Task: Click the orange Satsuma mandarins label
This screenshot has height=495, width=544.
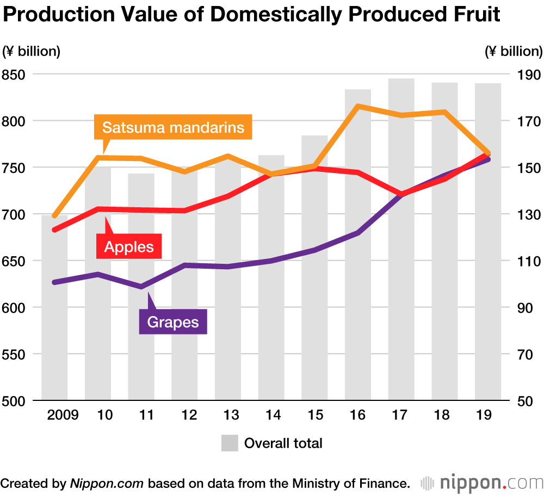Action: [173, 128]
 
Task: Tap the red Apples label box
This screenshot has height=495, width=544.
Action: [129, 247]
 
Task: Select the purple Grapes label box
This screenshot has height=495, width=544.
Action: [174, 322]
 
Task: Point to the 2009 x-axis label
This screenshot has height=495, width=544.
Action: [63, 415]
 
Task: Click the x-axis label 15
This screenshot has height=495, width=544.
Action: [315, 415]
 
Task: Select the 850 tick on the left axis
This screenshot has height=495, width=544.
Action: [16, 74]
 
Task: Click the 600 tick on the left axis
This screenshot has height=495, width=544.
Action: [16, 307]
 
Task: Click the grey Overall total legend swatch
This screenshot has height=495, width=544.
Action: [230, 443]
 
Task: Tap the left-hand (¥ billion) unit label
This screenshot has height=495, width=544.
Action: [31, 52]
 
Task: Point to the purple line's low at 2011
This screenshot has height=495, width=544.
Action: [141, 287]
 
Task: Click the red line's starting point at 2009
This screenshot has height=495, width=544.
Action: [54, 230]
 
